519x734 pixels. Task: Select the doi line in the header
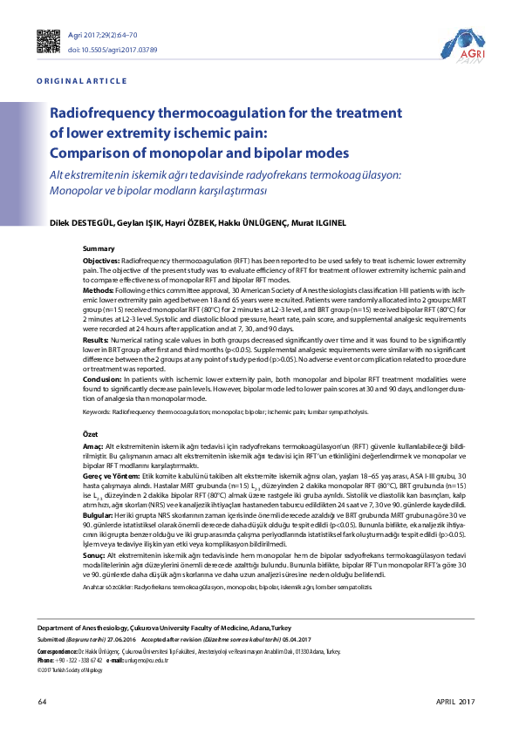(x=113, y=50)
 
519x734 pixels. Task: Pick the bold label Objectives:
(x=102, y=262)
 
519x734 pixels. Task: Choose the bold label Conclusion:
(x=102, y=380)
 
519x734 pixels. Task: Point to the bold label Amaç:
(x=93, y=445)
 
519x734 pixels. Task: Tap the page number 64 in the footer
(x=42, y=702)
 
